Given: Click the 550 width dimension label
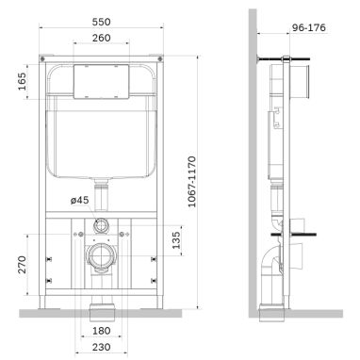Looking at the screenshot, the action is tap(102, 22).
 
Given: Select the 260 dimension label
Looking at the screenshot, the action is tap(102, 38).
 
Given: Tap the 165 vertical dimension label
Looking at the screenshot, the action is tap(22, 81).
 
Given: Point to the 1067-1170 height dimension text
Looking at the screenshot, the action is tap(192, 182).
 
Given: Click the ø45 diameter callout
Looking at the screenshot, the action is tap(79, 200).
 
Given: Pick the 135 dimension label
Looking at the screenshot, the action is tap(176, 240).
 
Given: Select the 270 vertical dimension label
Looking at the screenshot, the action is tap(22, 265).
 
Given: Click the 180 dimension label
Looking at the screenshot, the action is tap(102, 331).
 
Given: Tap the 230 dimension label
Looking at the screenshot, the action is tap(102, 347).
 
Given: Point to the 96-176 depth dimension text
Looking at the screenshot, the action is tap(309, 27).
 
